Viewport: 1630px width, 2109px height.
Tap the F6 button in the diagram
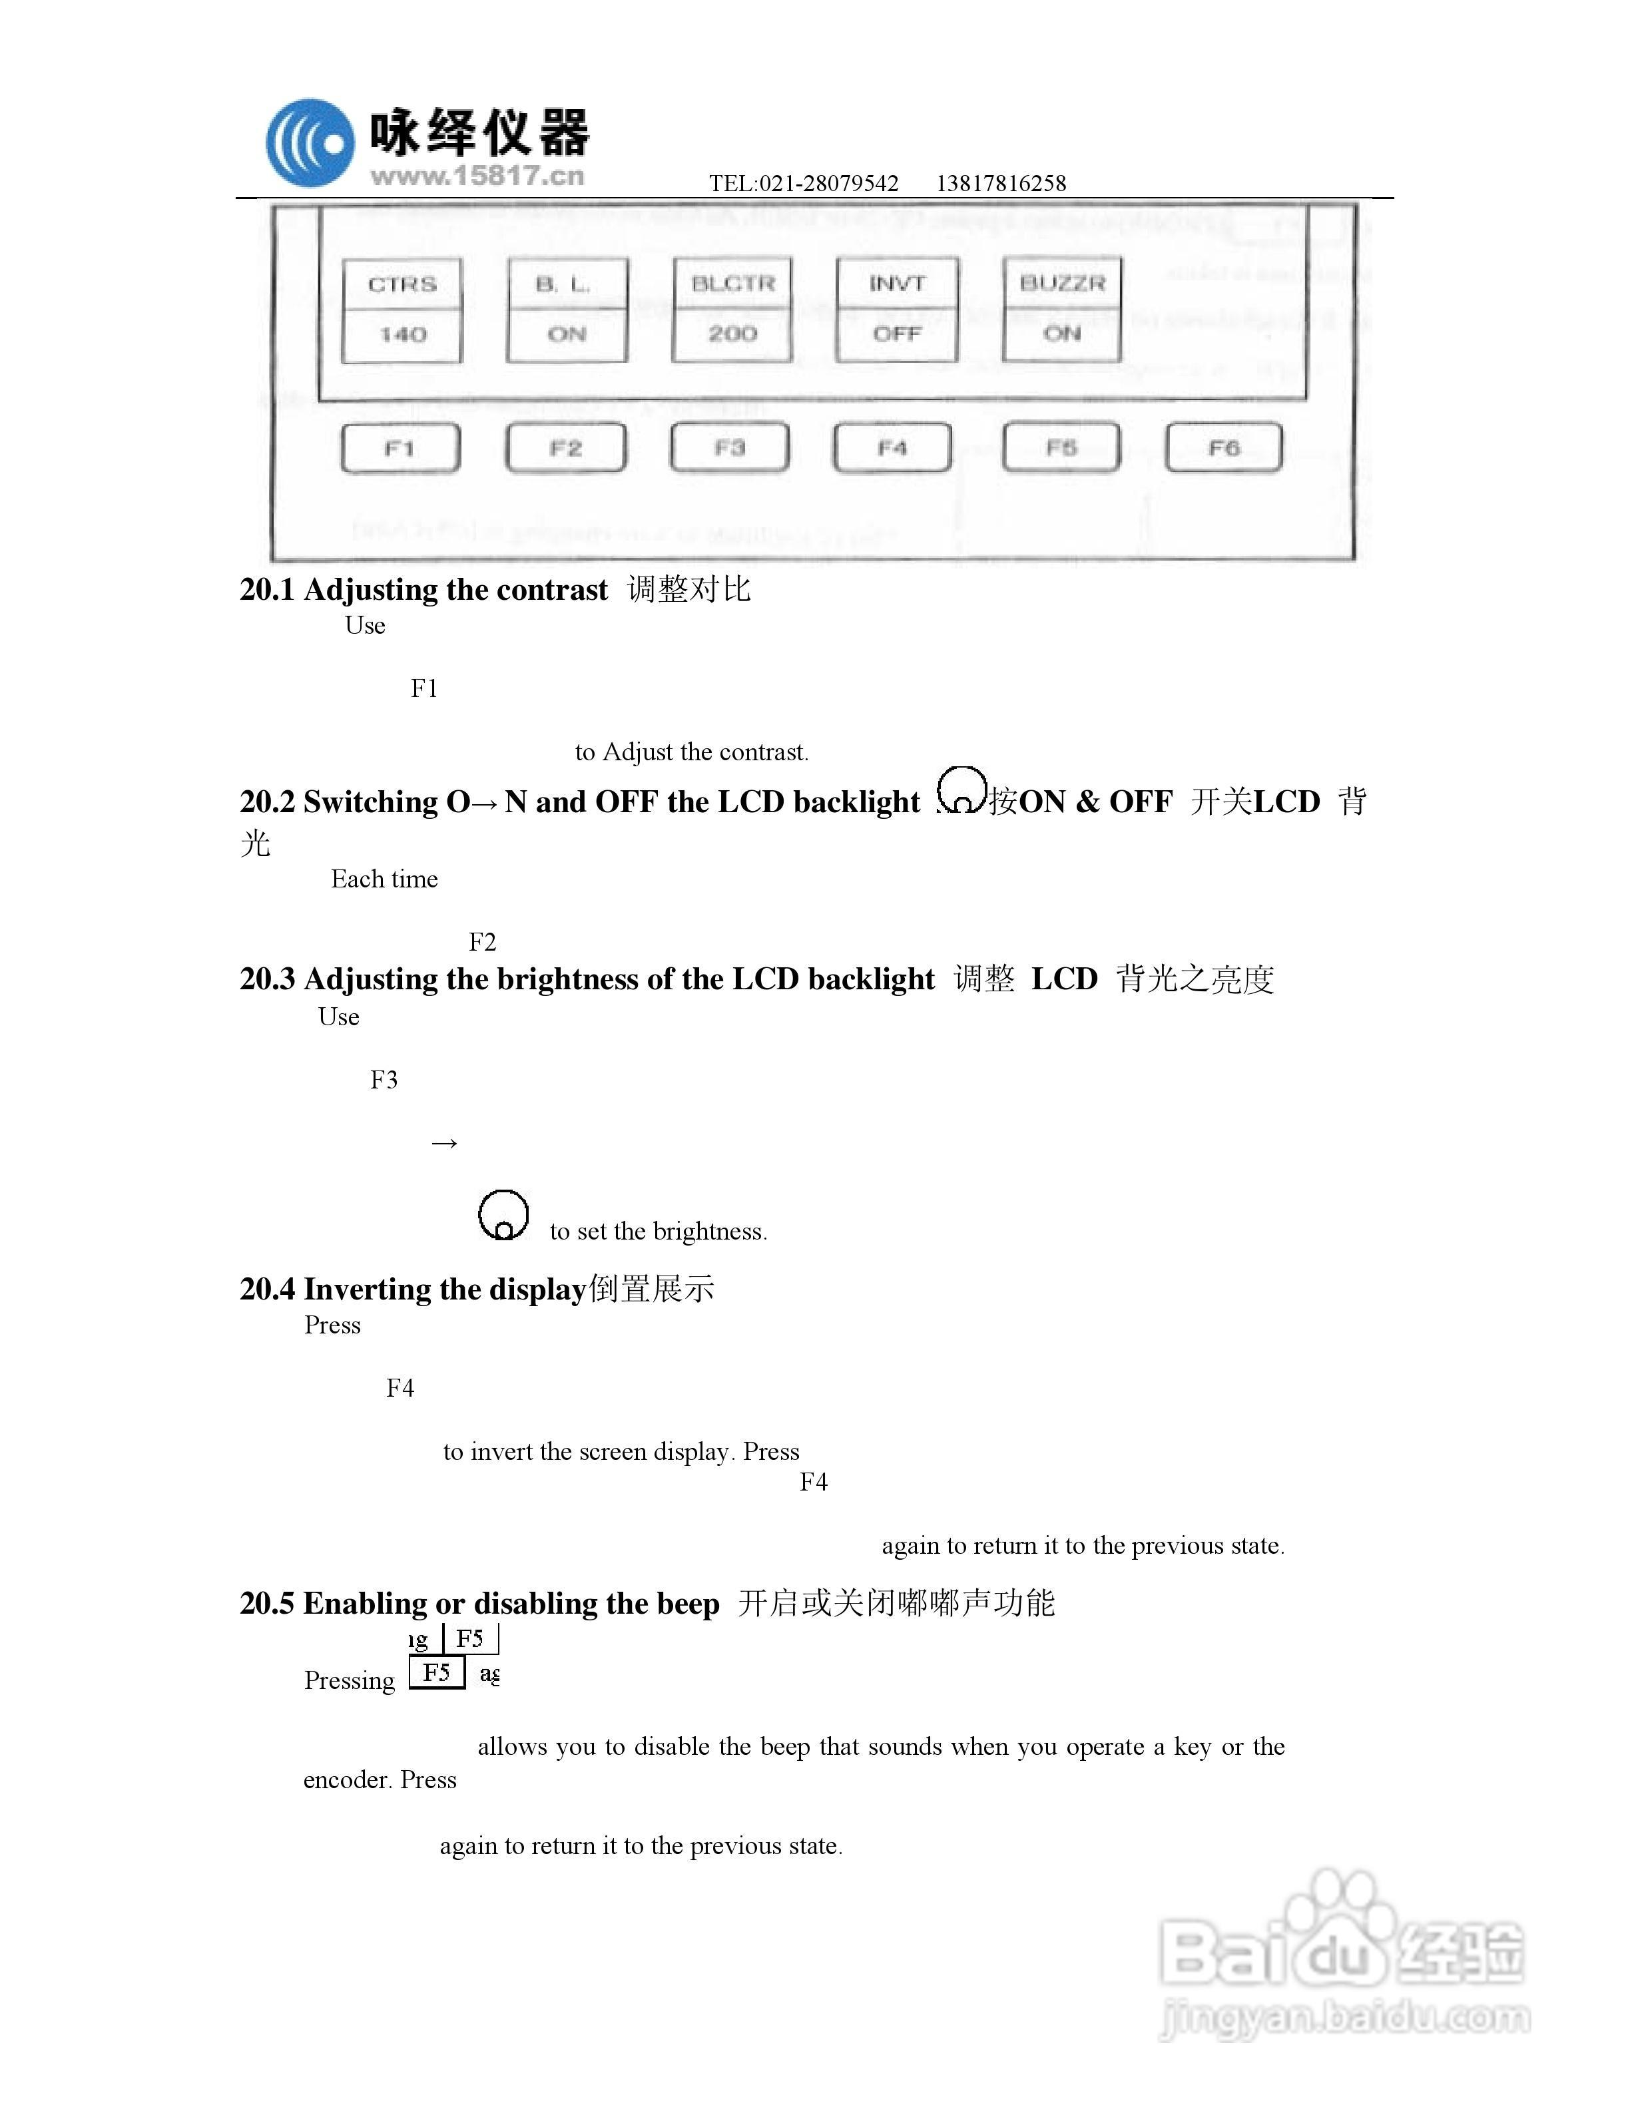click(1223, 448)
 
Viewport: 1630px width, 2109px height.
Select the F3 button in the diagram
click(729, 448)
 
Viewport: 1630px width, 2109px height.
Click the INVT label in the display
click(896, 284)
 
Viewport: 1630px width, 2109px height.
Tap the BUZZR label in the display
click(1061, 284)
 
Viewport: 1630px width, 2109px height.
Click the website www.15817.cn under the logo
click(477, 176)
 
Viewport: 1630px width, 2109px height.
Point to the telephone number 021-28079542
click(828, 184)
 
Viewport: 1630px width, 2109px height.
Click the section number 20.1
click(266, 590)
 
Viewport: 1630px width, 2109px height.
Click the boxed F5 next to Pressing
click(437, 1672)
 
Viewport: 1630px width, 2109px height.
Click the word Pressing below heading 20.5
click(350, 1681)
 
